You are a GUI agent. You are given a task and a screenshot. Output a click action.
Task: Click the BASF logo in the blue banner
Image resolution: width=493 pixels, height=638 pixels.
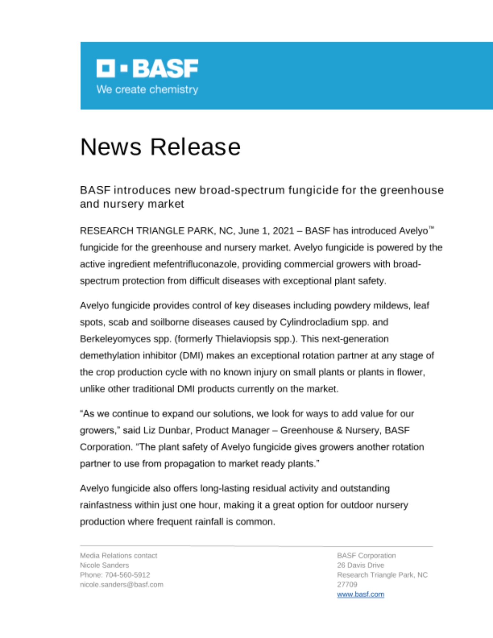coord(147,68)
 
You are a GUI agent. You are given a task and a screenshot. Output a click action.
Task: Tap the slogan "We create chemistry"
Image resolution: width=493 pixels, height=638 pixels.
coord(147,89)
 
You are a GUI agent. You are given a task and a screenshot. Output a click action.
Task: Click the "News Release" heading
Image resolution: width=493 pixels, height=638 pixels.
coord(160,147)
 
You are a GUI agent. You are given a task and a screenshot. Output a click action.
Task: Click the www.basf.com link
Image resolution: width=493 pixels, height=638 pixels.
coord(361,594)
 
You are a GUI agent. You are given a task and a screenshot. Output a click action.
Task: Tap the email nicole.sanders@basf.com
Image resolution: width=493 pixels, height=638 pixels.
coord(122,584)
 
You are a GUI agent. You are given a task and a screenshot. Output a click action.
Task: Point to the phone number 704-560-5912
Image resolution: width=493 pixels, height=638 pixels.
coord(127,575)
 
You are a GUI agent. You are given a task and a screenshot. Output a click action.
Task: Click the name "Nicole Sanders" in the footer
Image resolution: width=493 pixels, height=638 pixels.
coord(104,565)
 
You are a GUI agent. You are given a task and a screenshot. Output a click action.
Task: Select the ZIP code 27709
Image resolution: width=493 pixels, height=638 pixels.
coord(347,584)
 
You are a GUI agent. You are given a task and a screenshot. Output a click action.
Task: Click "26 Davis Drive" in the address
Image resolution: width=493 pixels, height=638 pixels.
coord(361,565)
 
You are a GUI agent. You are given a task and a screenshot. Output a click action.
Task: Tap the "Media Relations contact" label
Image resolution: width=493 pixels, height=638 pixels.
coord(118,556)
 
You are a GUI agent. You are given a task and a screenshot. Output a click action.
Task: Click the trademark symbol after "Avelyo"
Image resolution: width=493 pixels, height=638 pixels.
coord(431,228)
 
